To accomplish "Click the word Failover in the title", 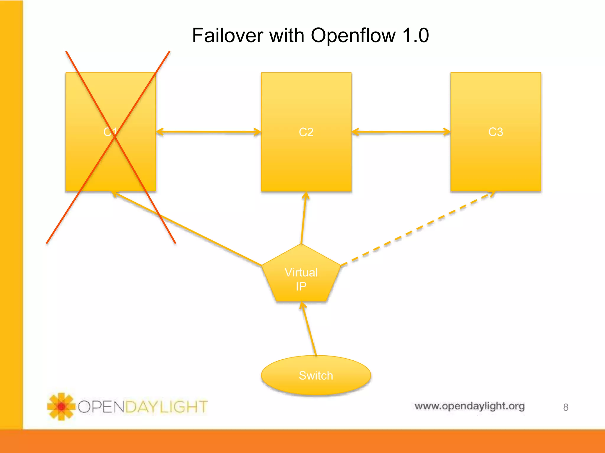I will [x=227, y=36].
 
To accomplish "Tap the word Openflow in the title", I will [x=353, y=36].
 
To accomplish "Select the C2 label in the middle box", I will [x=306, y=132].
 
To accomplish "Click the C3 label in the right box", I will [x=495, y=132].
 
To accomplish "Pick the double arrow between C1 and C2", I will [x=208, y=132].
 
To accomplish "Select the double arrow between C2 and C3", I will [x=401, y=132].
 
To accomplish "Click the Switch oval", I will [x=316, y=375].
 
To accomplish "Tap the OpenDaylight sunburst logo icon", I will [x=61, y=406].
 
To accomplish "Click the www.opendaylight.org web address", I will [x=469, y=406].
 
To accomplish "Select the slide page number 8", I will [x=565, y=407].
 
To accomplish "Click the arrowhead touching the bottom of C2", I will [x=306, y=196].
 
